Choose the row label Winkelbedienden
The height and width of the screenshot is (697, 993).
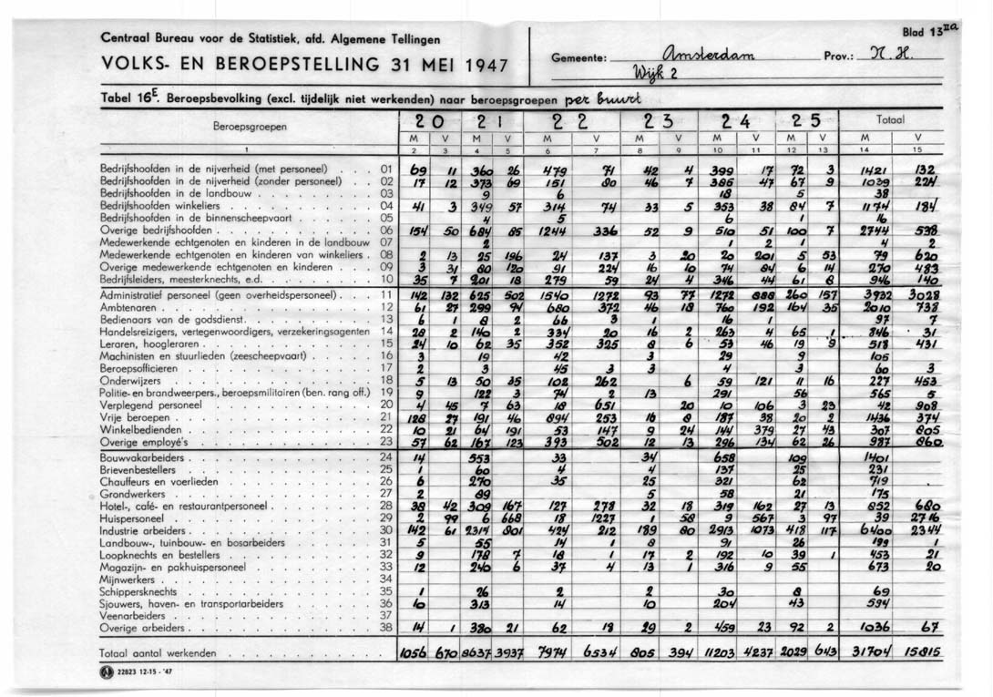(x=137, y=428)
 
